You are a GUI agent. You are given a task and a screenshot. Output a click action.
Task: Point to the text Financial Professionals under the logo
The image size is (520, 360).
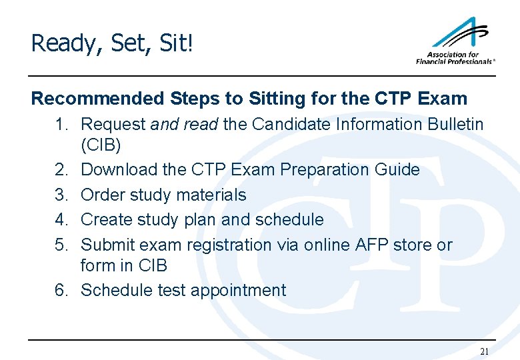(x=455, y=61)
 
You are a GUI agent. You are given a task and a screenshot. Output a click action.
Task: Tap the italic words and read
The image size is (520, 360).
(x=185, y=124)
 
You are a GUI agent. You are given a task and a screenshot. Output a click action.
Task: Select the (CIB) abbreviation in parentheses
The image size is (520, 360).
(x=101, y=145)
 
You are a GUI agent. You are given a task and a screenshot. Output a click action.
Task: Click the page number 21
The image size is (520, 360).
(x=484, y=351)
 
